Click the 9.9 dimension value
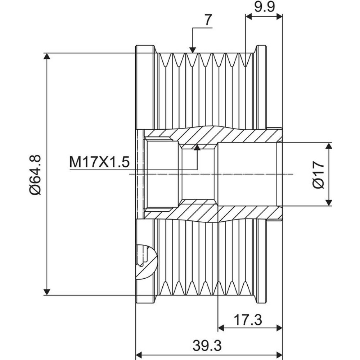point(265,7)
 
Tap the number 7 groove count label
point(208,20)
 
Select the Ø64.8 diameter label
point(36,175)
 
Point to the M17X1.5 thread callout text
point(99,162)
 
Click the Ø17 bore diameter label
point(319,175)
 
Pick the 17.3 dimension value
point(248,320)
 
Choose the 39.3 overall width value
point(207,346)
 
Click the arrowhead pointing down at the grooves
point(193,50)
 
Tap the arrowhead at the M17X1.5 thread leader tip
point(197,147)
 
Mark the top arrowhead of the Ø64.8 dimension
point(47,56)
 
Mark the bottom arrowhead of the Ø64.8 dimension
point(47,292)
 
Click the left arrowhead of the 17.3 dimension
point(221,328)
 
